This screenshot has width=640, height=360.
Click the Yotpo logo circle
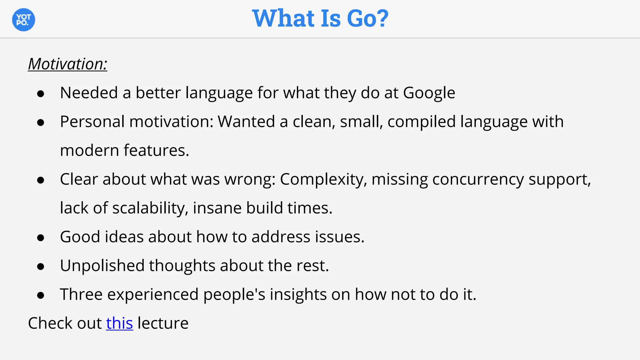click(23, 20)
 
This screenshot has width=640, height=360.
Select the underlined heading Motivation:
click(67, 64)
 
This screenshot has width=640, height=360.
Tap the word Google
click(429, 93)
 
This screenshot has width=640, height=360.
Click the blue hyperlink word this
click(119, 323)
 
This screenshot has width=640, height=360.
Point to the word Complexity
click(323, 180)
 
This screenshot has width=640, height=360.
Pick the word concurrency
click(478, 180)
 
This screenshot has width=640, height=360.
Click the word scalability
click(150, 208)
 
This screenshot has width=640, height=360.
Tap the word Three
click(81, 294)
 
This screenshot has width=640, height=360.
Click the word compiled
click(422, 122)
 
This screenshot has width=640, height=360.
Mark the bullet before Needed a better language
click(40, 94)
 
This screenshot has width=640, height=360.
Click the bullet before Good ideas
click(40, 238)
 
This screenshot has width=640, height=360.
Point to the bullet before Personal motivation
click(40, 122)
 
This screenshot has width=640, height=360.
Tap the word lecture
click(163, 323)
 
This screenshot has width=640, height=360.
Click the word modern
click(89, 151)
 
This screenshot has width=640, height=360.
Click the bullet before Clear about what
click(40, 180)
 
